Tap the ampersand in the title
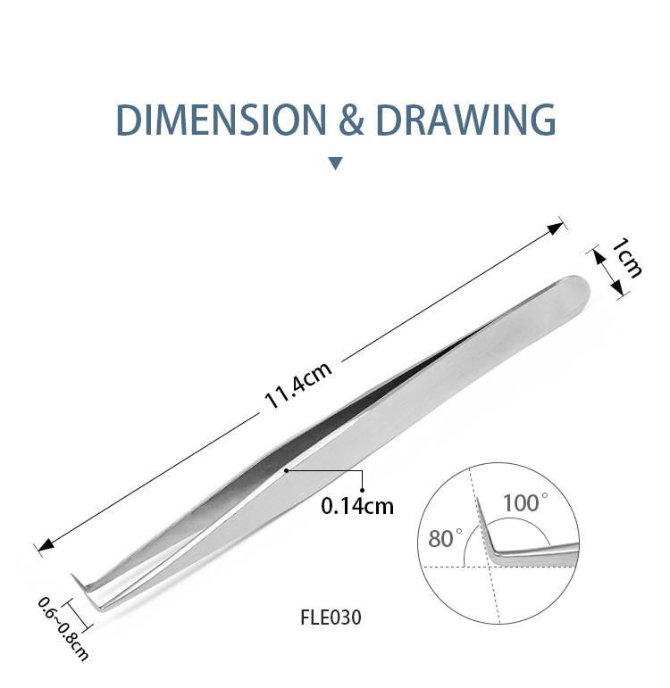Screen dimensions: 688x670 [345, 120]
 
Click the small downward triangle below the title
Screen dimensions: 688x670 [335, 163]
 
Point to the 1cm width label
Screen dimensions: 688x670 [626, 258]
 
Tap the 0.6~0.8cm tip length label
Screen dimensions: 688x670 [63, 629]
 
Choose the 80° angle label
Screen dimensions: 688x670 [446, 538]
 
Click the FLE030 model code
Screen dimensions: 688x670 [331, 617]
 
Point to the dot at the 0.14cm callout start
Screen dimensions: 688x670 [286, 469]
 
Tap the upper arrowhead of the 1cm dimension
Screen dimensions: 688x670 [599, 254]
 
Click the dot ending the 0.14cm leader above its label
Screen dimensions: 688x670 [363, 489]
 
